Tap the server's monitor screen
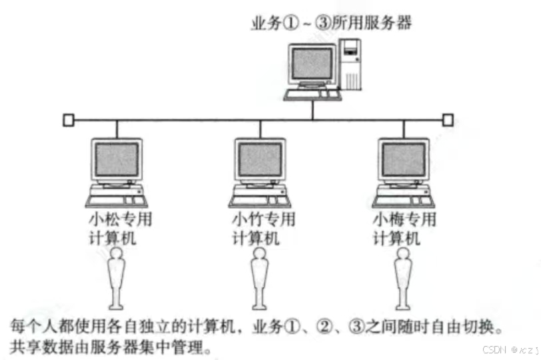(313, 64)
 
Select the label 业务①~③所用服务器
(331, 24)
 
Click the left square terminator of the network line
(67, 120)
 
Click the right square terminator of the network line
(448, 120)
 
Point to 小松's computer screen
(117, 160)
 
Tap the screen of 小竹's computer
(261, 160)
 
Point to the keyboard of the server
(313, 95)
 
